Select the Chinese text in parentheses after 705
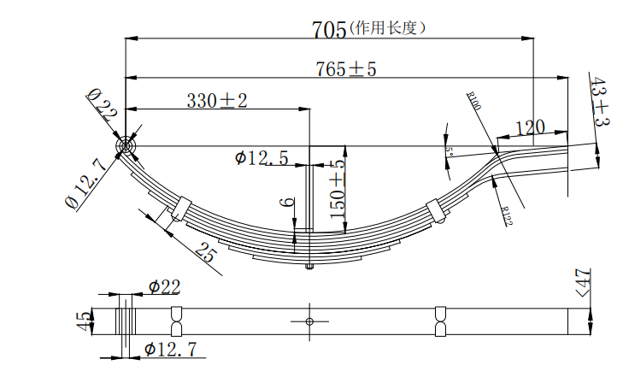[x=387, y=27]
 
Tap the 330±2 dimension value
[x=217, y=101]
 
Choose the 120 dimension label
[x=530, y=127]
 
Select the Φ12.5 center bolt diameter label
[x=261, y=157]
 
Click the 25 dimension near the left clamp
[x=205, y=252]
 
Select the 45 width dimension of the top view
[x=84, y=321]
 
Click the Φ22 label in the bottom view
[x=163, y=287]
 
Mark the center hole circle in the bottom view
[x=309, y=321]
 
